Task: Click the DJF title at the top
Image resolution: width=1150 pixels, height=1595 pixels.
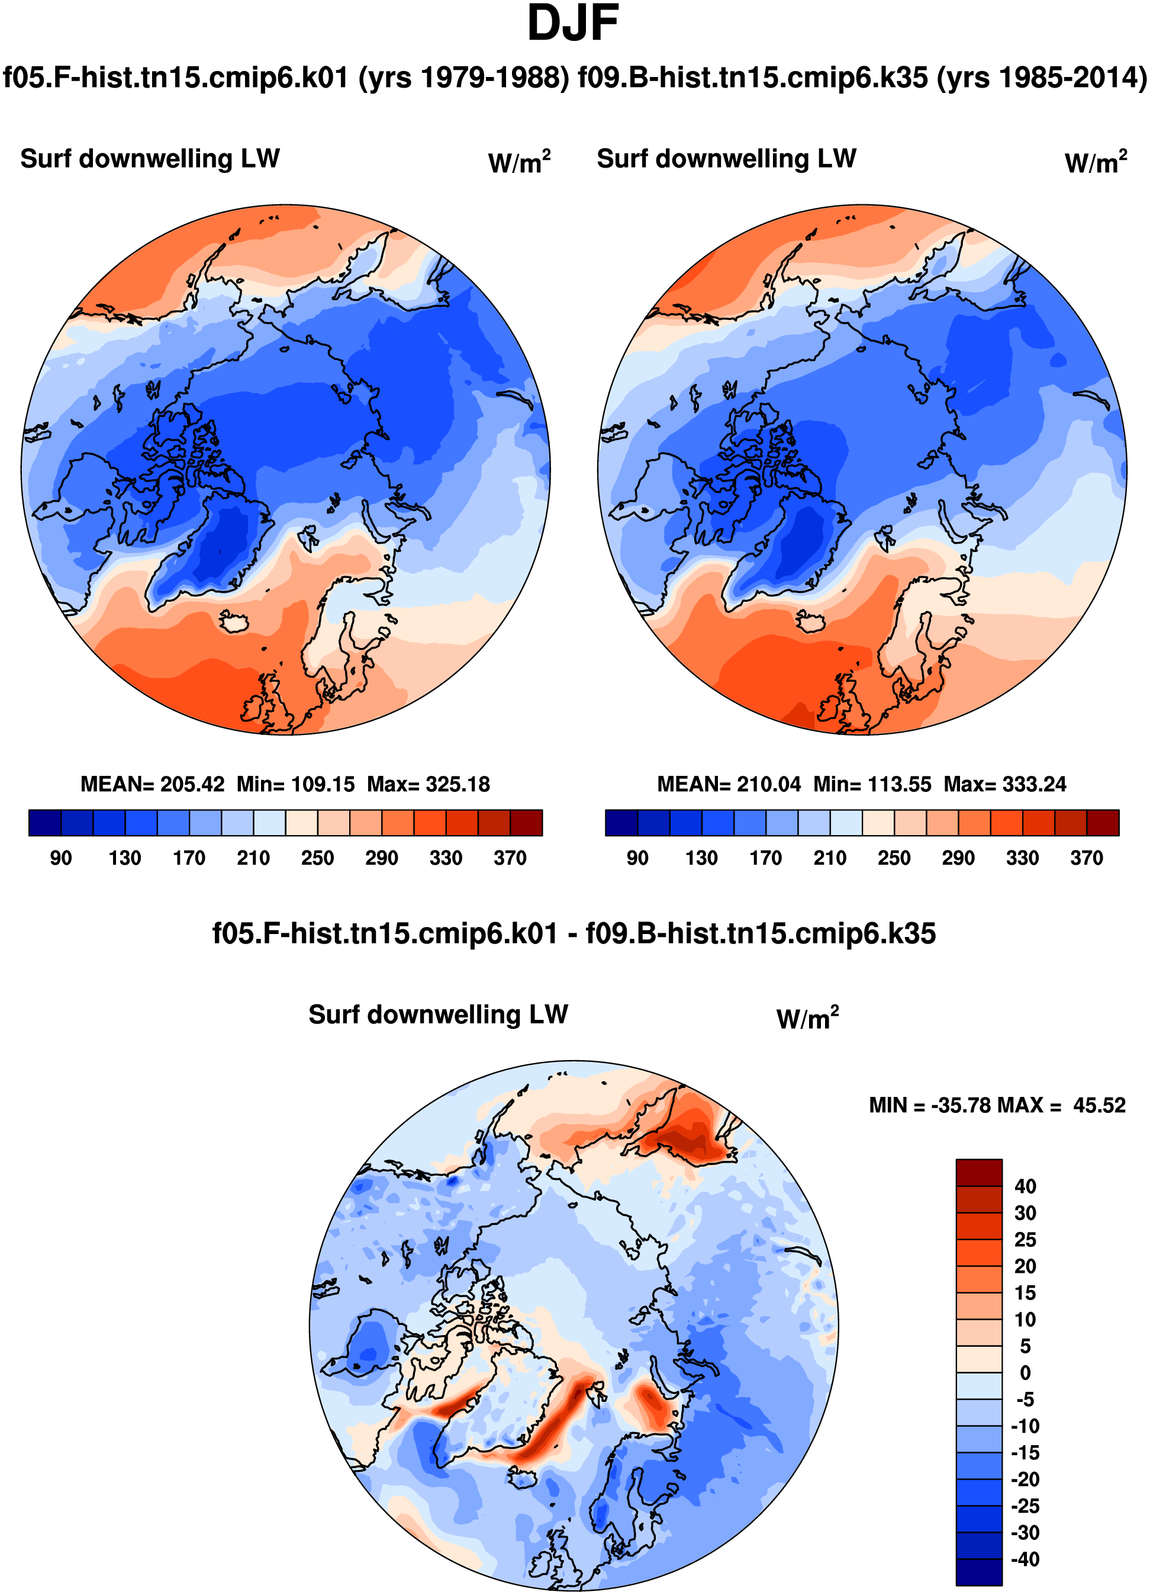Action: [x=573, y=24]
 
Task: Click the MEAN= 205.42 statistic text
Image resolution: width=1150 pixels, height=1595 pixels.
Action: [x=153, y=784]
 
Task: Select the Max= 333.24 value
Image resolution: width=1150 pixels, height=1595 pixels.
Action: [x=1005, y=784]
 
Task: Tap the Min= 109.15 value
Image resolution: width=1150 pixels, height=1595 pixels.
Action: [x=296, y=784]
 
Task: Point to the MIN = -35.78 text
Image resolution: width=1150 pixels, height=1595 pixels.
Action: [x=928, y=1106]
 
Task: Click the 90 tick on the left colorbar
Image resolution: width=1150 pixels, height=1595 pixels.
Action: [x=60, y=858]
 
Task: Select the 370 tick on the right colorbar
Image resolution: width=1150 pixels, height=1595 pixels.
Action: [x=1087, y=858]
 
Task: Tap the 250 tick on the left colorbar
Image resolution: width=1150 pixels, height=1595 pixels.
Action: [x=318, y=858]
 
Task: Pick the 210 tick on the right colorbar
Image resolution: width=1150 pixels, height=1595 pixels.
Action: [x=830, y=858]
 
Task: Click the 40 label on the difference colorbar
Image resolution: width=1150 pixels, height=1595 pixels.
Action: [x=1026, y=1186]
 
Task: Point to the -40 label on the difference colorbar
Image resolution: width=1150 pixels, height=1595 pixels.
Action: [x=1026, y=1559]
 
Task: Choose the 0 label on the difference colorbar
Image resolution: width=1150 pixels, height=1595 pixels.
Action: [x=1026, y=1373]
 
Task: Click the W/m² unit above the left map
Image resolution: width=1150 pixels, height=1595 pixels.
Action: [x=520, y=162]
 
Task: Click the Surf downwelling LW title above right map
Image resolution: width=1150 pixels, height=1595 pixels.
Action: [x=727, y=159]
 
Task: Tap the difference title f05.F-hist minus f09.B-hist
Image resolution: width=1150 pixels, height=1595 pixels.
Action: [x=574, y=934]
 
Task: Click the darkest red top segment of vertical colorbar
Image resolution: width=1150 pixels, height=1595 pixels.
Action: [x=979, y=1172]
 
